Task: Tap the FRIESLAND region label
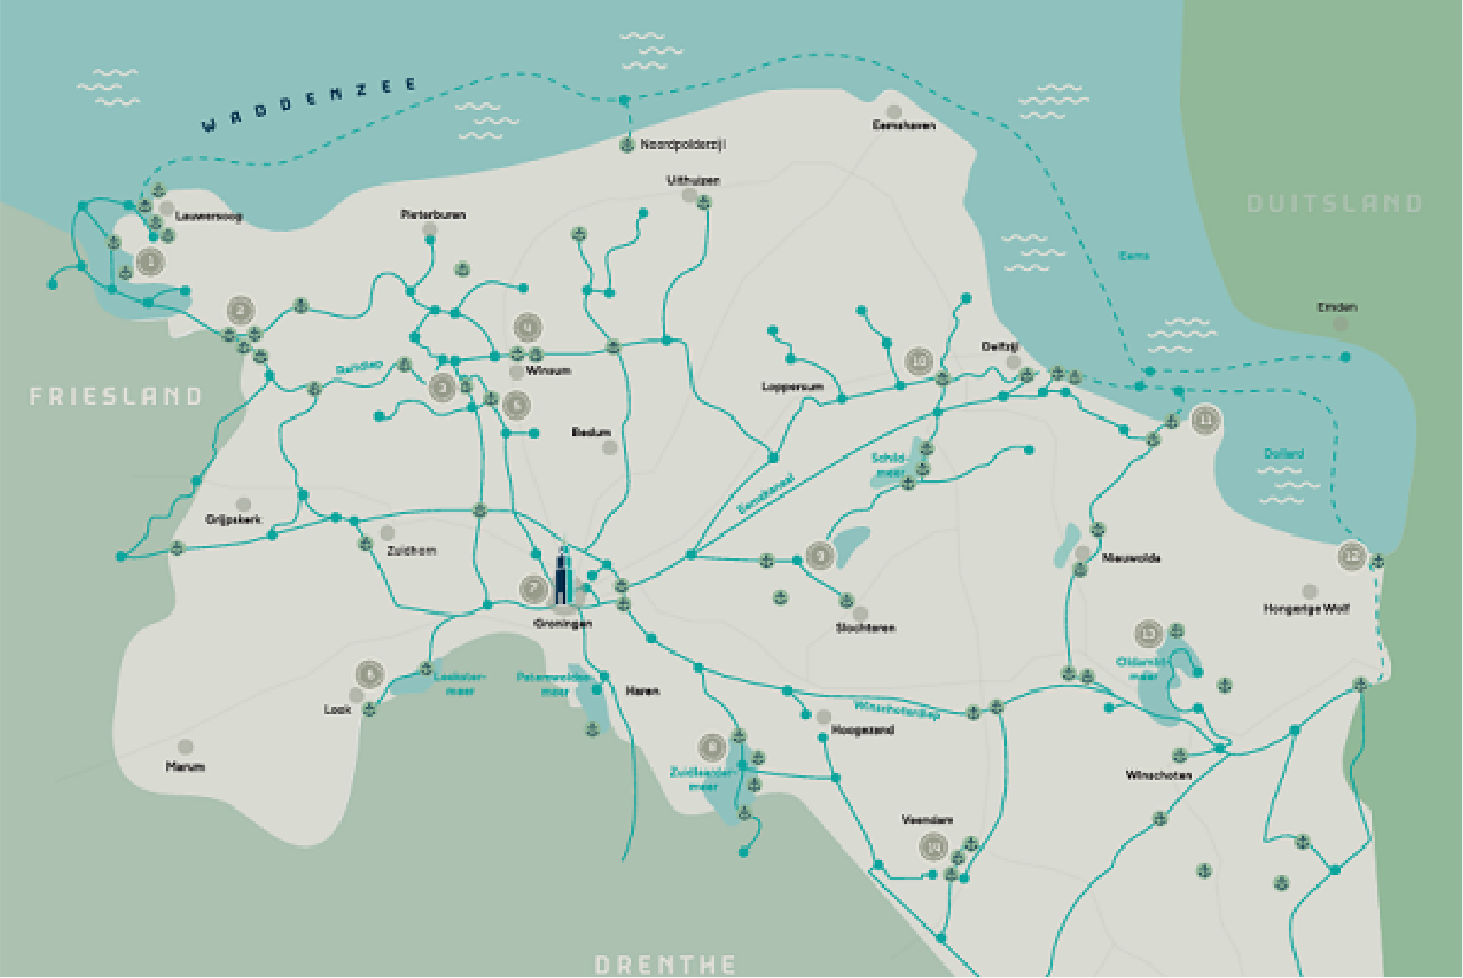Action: (115, 396)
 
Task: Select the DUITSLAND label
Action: (1334, 204)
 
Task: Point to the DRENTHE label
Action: (665, 965)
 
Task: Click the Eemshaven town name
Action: (903, 125)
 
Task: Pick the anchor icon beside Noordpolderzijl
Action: (627, 144)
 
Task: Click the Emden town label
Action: (1337, 307)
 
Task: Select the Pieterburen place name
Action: (433, 214)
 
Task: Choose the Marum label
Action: (186, 767)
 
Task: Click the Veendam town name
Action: (926, 820)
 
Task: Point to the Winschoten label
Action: (1158, 774)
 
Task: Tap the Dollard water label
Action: (1283, 454)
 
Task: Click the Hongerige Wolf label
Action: (1305, 608)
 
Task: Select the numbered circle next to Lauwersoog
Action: (151, 261)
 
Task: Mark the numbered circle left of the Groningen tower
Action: (534, 588)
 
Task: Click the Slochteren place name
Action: (866, 627)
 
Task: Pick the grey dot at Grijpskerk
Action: (243, 505)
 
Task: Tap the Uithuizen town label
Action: (693, 180)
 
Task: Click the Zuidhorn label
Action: (411, 551)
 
